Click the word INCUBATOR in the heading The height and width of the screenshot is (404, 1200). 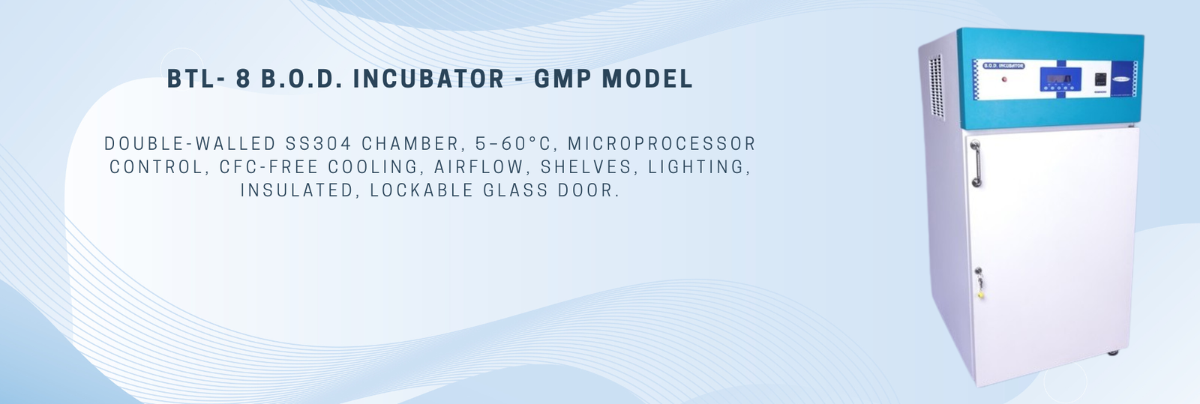tap(428, 79)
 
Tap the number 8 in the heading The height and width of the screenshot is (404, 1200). tap(243, 79)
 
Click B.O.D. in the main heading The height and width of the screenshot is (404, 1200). tap(301, 79)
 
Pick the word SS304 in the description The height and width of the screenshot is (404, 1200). tap(318, 144)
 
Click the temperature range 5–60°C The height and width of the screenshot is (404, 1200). tap(513, 144)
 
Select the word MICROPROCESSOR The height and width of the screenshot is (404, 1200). tap(661, 144)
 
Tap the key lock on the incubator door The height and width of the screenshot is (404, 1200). tap(979, 282)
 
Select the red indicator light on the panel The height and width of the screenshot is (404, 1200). tap(1003, 79)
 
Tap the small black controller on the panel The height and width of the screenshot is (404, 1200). tap(1099, 80)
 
